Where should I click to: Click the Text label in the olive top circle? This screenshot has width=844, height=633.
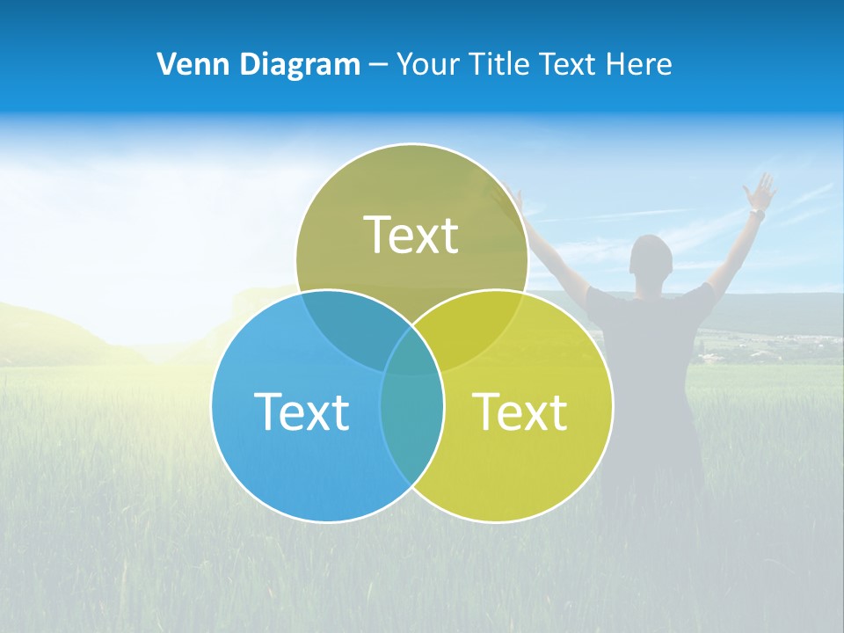(x=411, y=236)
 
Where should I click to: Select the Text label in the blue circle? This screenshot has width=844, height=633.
(x=302, y=412)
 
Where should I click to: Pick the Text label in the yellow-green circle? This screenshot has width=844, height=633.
(x=520, y=412)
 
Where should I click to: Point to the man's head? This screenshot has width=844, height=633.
(x=651, y=260)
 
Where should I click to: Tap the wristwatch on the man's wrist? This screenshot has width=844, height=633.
(x=756, y=214)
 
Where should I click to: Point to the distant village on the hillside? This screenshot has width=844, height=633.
(x=747, y=347)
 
